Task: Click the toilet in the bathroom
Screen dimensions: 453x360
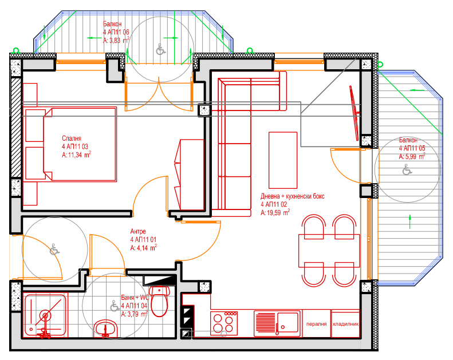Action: tap(159, 301)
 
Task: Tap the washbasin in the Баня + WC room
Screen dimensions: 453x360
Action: tap(105, 329)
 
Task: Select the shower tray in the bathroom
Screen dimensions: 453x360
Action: tap(45, 315)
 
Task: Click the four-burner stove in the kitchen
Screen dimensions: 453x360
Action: tap(224, 323)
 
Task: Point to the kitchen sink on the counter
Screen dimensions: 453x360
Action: tap(277, 323)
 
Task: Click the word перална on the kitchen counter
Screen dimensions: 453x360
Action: tap(316, 324)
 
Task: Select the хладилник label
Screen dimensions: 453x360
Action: tap(345, 324)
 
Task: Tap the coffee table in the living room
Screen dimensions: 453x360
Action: tap(283, 160)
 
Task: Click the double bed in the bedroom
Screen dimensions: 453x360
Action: tap(70, 144)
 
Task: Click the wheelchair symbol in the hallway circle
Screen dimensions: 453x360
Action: tap(54, 250)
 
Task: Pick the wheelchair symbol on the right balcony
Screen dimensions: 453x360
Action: tap(407, 169)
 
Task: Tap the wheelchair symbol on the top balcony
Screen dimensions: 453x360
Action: tap(160, 49)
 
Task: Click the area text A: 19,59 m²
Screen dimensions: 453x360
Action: tap(275, 212)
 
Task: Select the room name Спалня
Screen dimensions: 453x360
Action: tap(72, 139)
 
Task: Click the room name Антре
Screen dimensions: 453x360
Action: tap(138, 231)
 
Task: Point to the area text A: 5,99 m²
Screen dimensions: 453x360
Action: tap(412, 156)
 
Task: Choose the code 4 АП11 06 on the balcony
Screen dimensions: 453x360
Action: tap(116, 32)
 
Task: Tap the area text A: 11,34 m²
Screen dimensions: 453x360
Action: tap(77, 155)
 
